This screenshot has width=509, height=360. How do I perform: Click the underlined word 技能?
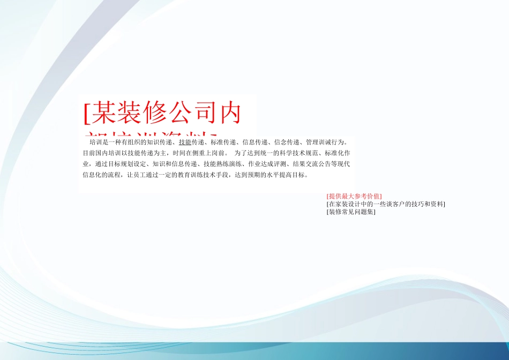(x=185, y=142)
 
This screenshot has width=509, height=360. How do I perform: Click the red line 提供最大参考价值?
(x=354, y=196)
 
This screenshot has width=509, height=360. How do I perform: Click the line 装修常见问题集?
(x=351, y=212)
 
